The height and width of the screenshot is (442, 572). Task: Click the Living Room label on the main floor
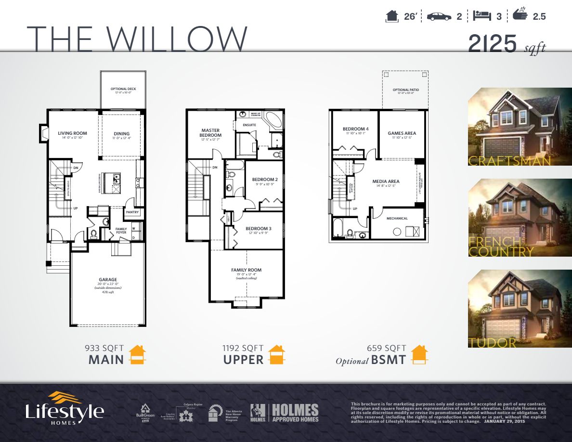[72, 133]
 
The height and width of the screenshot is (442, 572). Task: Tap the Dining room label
[122, 134]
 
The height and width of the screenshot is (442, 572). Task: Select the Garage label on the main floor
[108, 280]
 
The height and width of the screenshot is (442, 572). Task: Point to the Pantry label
[132, 211]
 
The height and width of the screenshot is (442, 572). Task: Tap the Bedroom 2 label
[265, 180]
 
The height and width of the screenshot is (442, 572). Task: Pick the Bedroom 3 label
[258, 228]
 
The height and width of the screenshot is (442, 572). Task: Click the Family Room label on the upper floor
[246, 270]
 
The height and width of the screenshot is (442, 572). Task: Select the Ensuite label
[249, 125]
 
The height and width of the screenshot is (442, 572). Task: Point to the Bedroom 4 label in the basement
[355, 129]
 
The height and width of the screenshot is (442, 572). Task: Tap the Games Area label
[402, 133]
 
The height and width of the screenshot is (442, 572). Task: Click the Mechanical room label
[397, 219]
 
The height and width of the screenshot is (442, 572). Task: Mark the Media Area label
[386, 182]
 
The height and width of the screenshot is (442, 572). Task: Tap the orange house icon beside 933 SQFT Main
[137, 354]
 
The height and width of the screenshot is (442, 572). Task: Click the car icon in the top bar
[439, 16]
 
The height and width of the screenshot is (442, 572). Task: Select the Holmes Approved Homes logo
[285, 413]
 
